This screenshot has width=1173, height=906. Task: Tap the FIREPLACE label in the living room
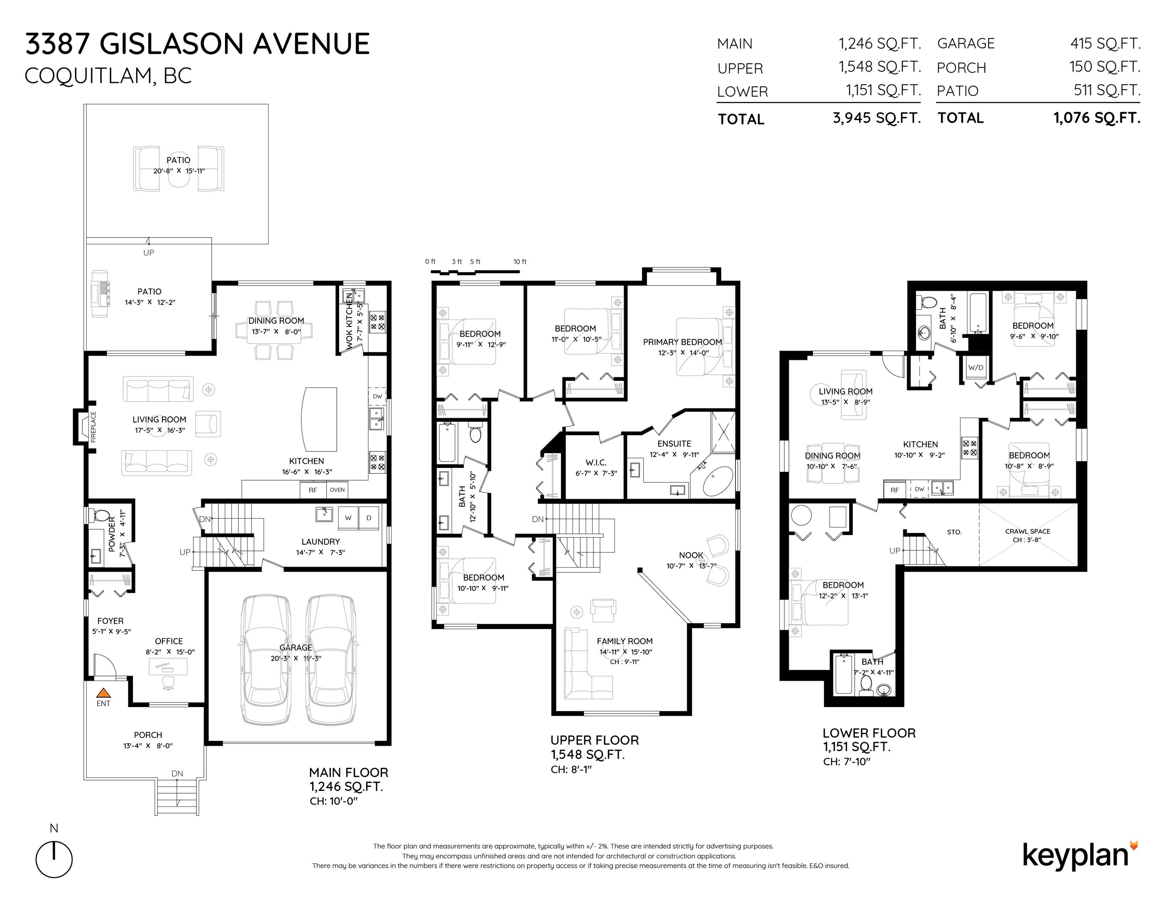pos(93,427)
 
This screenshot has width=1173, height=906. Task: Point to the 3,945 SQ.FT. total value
pos(877,118)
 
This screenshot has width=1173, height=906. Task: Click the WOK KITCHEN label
pos(349,321)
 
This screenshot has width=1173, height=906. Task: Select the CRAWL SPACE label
pos(1027,531)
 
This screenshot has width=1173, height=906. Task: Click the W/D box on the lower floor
pos(975,368)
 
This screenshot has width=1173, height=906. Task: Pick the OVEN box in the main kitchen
pos(337,490)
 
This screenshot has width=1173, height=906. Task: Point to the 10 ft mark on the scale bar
pos(519,262)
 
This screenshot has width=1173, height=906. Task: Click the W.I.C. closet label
pos(596,462)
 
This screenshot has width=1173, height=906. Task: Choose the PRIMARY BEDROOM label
pos(682,342)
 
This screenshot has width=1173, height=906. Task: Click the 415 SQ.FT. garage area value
pos(1105,43)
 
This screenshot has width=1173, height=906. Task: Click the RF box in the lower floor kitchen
pos(894,490)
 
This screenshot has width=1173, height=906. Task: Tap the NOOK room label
pos(691,555)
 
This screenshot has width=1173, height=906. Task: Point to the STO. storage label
pos(954,532)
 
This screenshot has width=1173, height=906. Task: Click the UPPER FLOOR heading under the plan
pos(595,740)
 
